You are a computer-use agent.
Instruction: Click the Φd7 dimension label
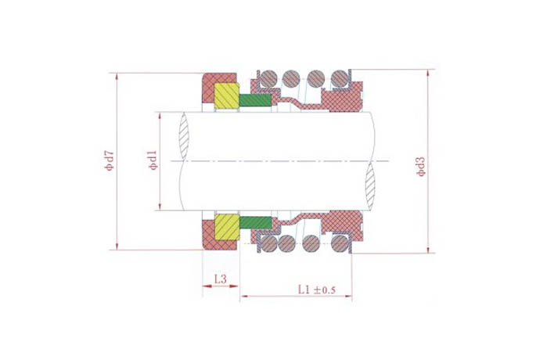110,161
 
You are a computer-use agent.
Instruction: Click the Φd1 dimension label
153,160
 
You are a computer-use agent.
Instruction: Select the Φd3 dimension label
420,167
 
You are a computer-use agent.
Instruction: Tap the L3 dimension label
221,279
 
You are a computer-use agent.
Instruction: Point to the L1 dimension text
304,290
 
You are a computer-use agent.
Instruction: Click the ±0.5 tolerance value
324,290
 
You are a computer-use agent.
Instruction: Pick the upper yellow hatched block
227,95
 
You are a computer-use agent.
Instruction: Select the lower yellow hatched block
227,227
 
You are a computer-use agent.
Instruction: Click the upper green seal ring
256,100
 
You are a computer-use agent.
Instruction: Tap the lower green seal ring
256,222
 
